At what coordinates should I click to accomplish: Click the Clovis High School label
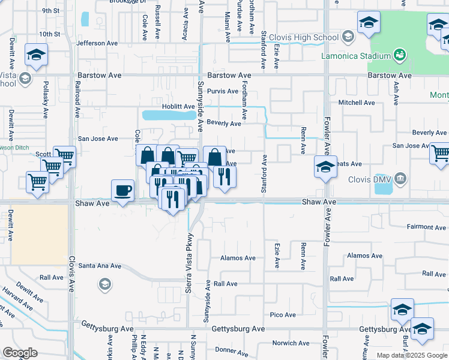(309, 38)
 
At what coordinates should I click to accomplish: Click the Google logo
(20, 353)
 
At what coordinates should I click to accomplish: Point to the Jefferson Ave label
(97, 43)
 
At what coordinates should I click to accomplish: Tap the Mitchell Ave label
(357, 103)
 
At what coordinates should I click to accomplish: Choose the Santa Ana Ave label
(100, 265)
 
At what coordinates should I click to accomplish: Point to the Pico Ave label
(283, 314)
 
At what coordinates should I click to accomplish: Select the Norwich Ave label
(291, 343)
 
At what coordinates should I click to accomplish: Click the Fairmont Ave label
(426, 227)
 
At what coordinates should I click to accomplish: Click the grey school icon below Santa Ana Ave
(104, 284)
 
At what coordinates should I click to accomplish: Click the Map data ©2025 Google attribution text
(411, 355)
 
